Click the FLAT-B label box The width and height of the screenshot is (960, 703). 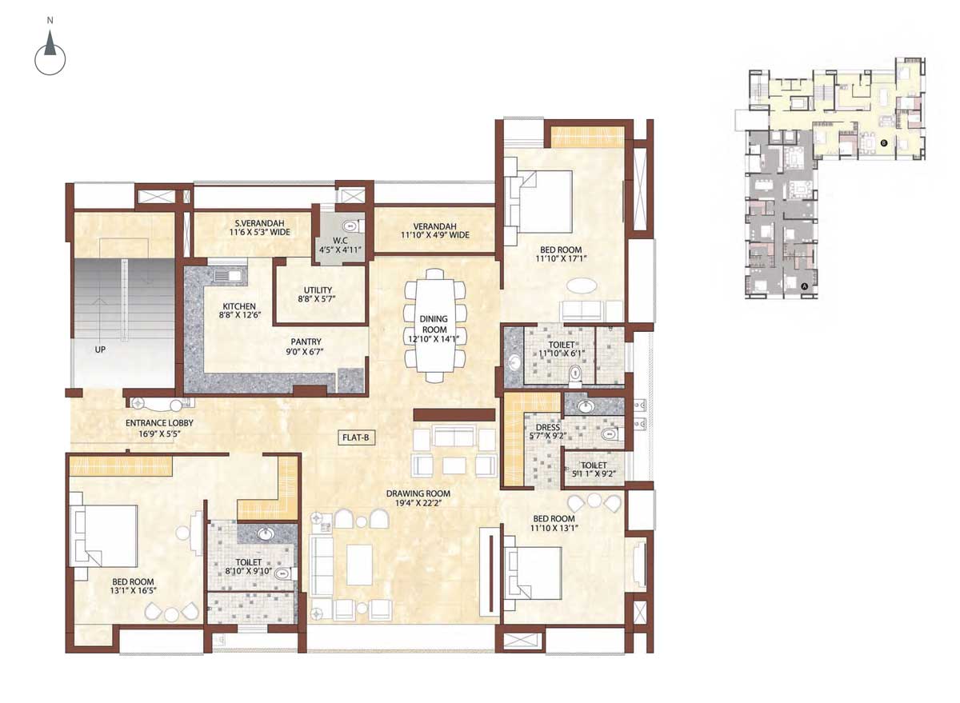click(355, 437)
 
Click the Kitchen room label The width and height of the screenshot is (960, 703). click(239, 306)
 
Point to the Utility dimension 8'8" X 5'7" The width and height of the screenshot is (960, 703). click(317, 299)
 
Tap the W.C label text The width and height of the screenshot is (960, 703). click(340, 241)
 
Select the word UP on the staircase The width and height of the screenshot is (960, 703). click(100, 350)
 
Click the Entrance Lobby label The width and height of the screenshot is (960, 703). click(159, 423)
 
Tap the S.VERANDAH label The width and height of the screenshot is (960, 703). click(260, 223)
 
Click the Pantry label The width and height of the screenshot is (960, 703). click(306, 342)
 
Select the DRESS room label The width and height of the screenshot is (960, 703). click(548, 427)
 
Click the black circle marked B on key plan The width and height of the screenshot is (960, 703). click(884, 142)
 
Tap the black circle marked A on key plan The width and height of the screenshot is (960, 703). click(805, 286)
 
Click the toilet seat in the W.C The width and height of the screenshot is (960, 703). click(350, 226)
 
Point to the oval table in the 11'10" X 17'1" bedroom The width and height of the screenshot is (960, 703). click(581, 286)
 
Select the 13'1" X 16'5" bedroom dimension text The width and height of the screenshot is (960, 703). click(133, 590)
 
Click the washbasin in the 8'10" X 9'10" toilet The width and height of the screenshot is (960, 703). click(266, 533)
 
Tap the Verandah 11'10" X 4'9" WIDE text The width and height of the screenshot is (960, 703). click(435, 235)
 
